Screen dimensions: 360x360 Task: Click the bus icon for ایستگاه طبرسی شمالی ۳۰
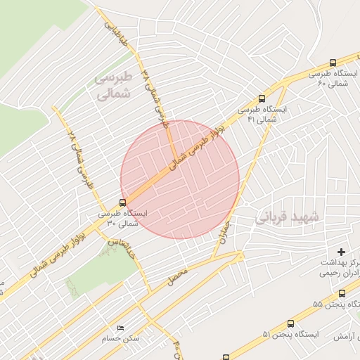[x=123, y=202]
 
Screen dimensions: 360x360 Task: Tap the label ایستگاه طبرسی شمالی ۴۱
[x=262, y=115]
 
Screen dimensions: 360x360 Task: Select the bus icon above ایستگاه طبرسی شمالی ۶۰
[x=333, y=62]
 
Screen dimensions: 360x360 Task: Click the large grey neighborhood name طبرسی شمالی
[x=112, y=84]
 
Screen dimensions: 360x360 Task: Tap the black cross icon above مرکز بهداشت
[x=342, y=252]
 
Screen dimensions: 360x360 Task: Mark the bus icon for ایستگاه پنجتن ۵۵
[x=342, y=294]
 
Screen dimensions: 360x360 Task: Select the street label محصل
[x=178, y=276]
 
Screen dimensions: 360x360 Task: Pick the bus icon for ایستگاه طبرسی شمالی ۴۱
[x=262, y=99]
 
